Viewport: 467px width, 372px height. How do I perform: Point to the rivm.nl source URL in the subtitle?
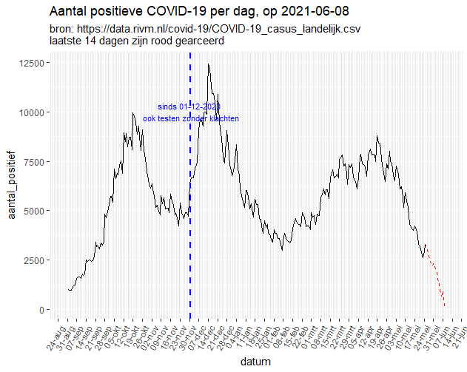tap(221, 29)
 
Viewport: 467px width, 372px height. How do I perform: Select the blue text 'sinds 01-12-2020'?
tap(189, 107)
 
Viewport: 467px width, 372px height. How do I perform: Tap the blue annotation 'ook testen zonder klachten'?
tap(191, 118)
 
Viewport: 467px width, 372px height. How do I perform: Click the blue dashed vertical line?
tap(190, 222)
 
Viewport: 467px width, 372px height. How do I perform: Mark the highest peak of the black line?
tap(209, 64)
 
